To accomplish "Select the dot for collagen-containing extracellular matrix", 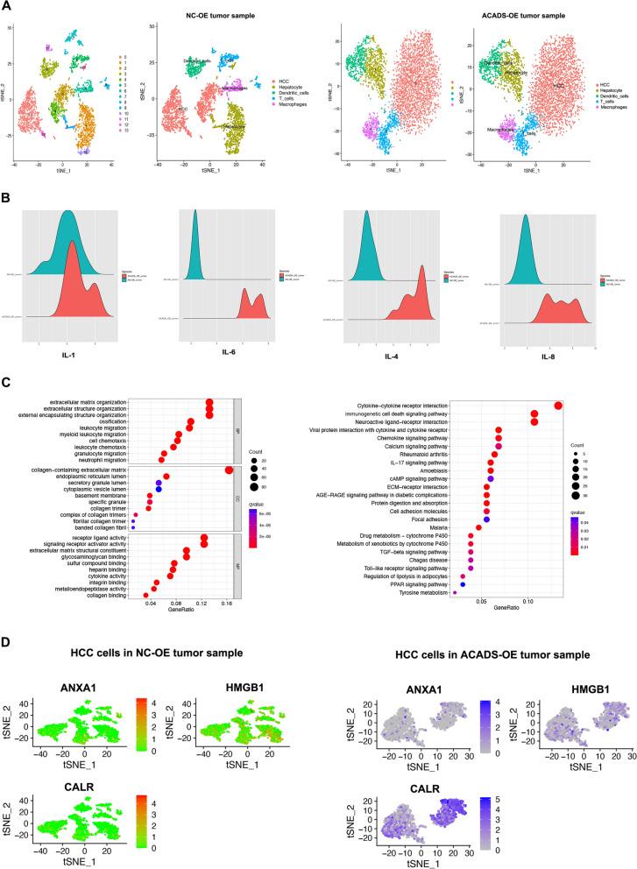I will pyautogui.click(x=229, y=495).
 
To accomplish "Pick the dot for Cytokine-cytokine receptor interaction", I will pyautogui.click(x=558, y=405).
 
